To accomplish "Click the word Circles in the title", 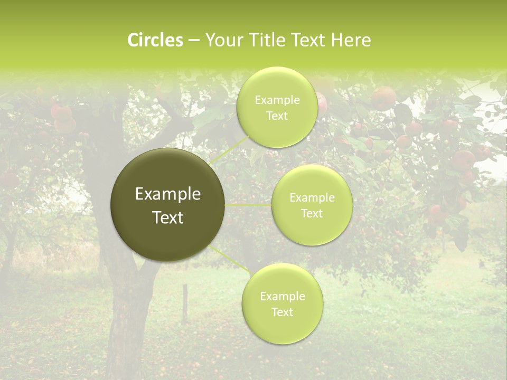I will click(x=155, y=40).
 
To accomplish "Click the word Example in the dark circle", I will click(x=168, y=194).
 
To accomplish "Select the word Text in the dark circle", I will click(x=168, y=217).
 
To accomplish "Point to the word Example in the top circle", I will click(x=277, y=100).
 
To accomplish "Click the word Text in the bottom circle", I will click(x=282, y=312).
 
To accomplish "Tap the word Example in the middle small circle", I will click(x=312, y=198).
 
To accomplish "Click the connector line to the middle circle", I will click(x=248, y=204).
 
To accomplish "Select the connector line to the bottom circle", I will click(x=230, y=260).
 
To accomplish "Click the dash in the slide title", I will click(x=193, y=40).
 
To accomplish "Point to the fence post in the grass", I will click(x=185, y=303).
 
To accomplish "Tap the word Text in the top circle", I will click(x=277, y=116).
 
